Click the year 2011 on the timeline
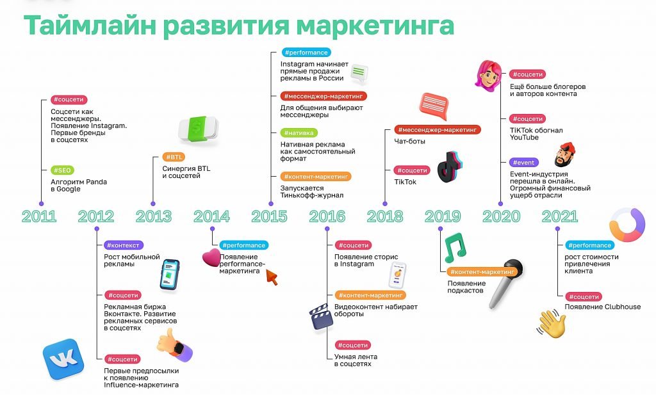(39, 216)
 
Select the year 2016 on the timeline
(327, 216)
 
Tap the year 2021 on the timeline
(560, 216)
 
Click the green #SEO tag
(62, 170)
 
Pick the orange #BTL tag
(174, 157)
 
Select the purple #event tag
(524, 163)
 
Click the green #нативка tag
(299, 133)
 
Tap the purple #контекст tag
(124, 245)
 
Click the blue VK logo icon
(63, 359)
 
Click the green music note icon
(455, 248)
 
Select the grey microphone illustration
(505, 284)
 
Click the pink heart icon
(211, 257)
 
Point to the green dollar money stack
(199, 129)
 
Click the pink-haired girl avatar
(488, 76)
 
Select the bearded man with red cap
(564, 155)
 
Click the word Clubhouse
(621, 307)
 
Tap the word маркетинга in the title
(375, 25)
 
